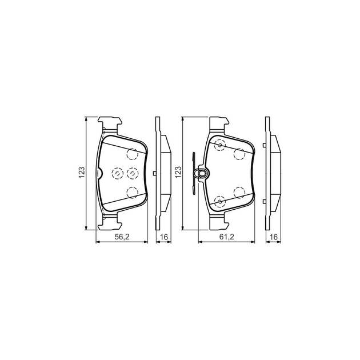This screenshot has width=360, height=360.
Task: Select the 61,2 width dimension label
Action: point(227,237)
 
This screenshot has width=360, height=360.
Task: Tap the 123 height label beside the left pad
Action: point(82,172)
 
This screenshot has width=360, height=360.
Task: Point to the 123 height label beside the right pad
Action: point(178,172)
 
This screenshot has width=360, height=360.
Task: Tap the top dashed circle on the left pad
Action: point(133,154)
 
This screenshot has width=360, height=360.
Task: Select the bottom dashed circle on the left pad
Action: point(133,192)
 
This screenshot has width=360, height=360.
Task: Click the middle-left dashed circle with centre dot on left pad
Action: point(117,173)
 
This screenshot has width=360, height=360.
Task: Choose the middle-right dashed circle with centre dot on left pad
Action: point(132,173)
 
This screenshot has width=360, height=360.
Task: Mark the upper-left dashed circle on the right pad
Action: point(219,146)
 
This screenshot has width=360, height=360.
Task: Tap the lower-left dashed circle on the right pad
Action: point(219,200)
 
